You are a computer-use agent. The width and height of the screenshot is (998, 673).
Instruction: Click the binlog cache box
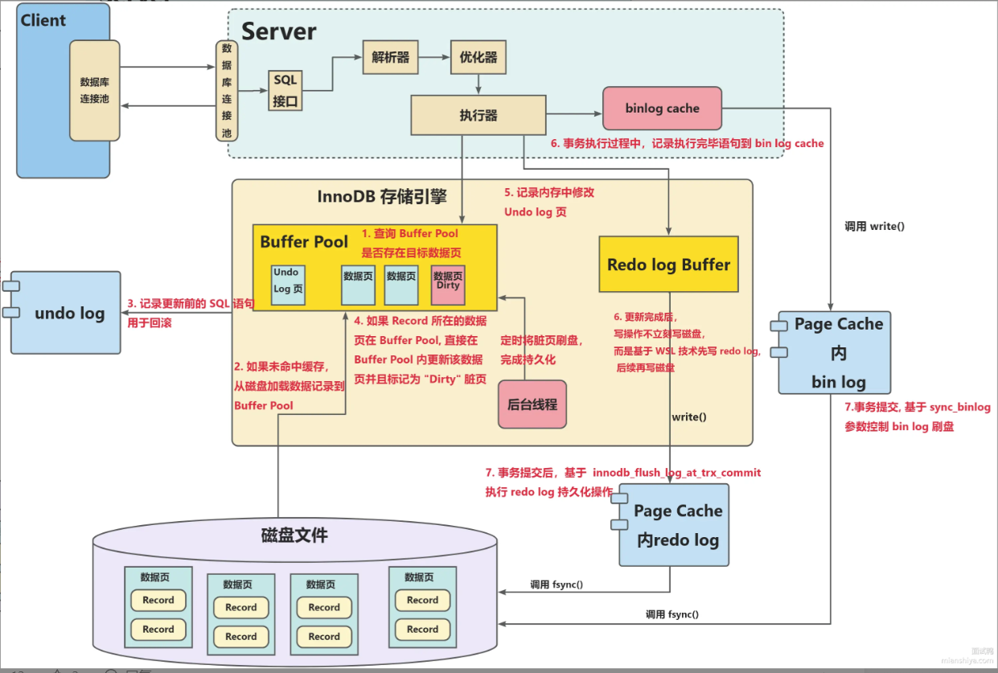click(662, 109)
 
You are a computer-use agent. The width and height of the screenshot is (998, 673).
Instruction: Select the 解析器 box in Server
click(390, 58)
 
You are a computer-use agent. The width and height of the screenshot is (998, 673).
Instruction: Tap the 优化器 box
click(478, 58)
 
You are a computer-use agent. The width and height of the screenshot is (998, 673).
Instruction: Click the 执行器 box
click(478, 115)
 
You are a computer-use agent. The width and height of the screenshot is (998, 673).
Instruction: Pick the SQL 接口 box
click(285, 90)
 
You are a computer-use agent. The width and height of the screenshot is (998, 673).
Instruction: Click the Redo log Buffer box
click(668, 265)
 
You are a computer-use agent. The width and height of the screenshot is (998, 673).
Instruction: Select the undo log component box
click(67, 313)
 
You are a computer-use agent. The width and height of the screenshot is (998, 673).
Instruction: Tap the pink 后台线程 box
click(532, 404)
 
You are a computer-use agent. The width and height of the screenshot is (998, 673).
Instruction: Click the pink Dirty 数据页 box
click(448, 285)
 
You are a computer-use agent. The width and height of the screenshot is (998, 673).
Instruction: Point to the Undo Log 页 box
click(287, 285)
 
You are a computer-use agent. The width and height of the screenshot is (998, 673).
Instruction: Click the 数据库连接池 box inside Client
click(94, 90)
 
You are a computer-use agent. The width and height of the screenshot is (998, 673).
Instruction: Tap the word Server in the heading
click(279, 31)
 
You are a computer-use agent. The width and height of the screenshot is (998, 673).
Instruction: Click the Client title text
click(43, 20)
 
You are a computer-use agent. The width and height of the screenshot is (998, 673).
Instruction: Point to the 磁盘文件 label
click(294, 535)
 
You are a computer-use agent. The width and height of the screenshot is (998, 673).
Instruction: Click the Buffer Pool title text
click(304, 241)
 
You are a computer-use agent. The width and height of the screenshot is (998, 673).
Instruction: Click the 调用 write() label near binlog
click(874, 226)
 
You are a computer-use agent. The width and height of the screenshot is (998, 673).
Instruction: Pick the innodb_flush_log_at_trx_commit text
click(676, 472)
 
